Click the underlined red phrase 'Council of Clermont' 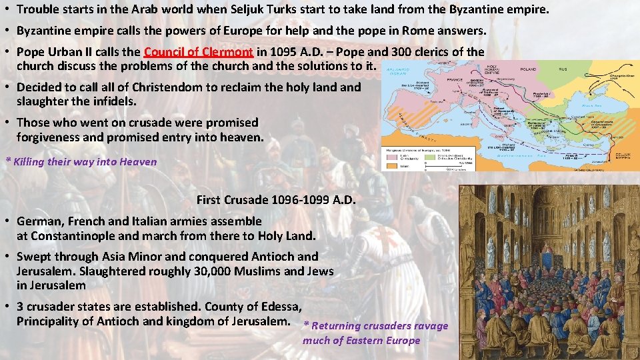tap(198, 52)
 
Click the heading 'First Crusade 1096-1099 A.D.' tap(276, 200)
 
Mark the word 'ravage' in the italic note tap(431, 326)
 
